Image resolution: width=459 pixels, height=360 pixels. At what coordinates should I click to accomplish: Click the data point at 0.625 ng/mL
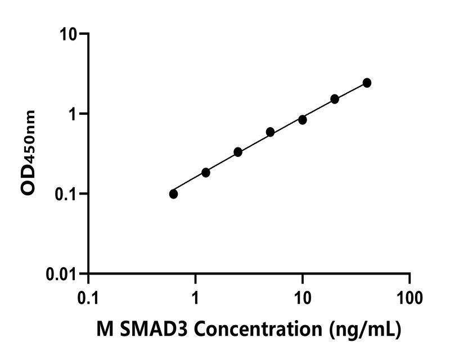tap(173, 194)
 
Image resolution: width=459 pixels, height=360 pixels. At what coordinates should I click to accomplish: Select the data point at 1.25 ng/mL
tap(206, 172)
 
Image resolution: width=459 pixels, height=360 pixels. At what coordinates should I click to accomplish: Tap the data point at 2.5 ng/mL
tap(238, 152)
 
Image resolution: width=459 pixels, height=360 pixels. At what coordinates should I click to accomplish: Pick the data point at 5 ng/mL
tap(271, 132)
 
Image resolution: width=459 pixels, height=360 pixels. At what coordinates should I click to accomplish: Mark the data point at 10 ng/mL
tap(303, 120)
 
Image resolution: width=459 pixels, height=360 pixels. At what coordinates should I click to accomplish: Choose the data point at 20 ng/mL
tap(335, 99)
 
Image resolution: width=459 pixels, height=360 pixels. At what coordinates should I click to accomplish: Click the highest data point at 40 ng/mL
tap(367, 83)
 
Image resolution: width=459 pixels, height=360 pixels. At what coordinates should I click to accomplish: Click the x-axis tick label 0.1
tap(88, 296)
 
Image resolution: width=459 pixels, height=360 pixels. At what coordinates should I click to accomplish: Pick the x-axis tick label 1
tap(196, 296)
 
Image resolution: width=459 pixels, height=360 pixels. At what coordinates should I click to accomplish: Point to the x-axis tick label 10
tap(303, 296)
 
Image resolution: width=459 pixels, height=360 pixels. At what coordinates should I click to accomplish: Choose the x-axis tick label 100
tap(409, 296)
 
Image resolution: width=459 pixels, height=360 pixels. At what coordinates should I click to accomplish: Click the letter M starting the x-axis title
tap(105, 330)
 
